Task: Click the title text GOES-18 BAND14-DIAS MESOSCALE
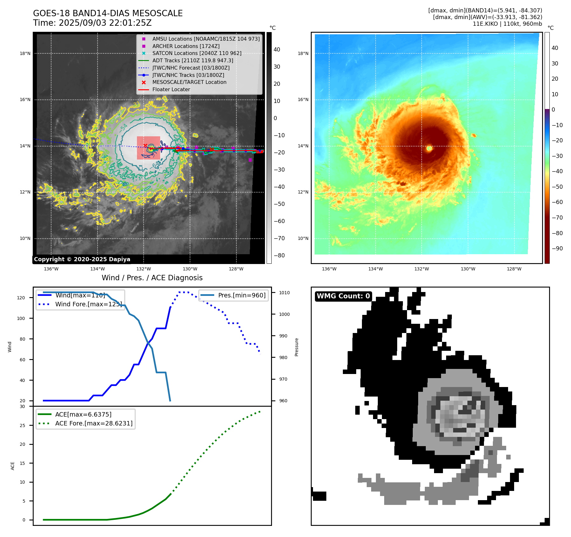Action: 108,13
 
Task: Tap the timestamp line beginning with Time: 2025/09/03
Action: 92,23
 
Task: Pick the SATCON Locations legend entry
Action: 197,53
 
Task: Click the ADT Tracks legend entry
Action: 193,60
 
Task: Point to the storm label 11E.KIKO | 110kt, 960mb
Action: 507,24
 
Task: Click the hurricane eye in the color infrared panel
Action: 429,148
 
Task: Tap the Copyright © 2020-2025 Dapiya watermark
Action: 82,259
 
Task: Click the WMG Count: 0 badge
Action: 343,296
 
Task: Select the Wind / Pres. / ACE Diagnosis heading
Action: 152,278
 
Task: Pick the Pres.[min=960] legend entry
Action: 241,295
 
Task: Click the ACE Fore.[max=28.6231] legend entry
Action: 94,423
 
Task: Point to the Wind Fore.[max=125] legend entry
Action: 88,304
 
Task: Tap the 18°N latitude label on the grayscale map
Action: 25,53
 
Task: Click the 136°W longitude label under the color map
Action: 329,269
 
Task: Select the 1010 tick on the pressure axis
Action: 284,293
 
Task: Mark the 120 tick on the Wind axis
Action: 21,298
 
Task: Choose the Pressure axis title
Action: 296,347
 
